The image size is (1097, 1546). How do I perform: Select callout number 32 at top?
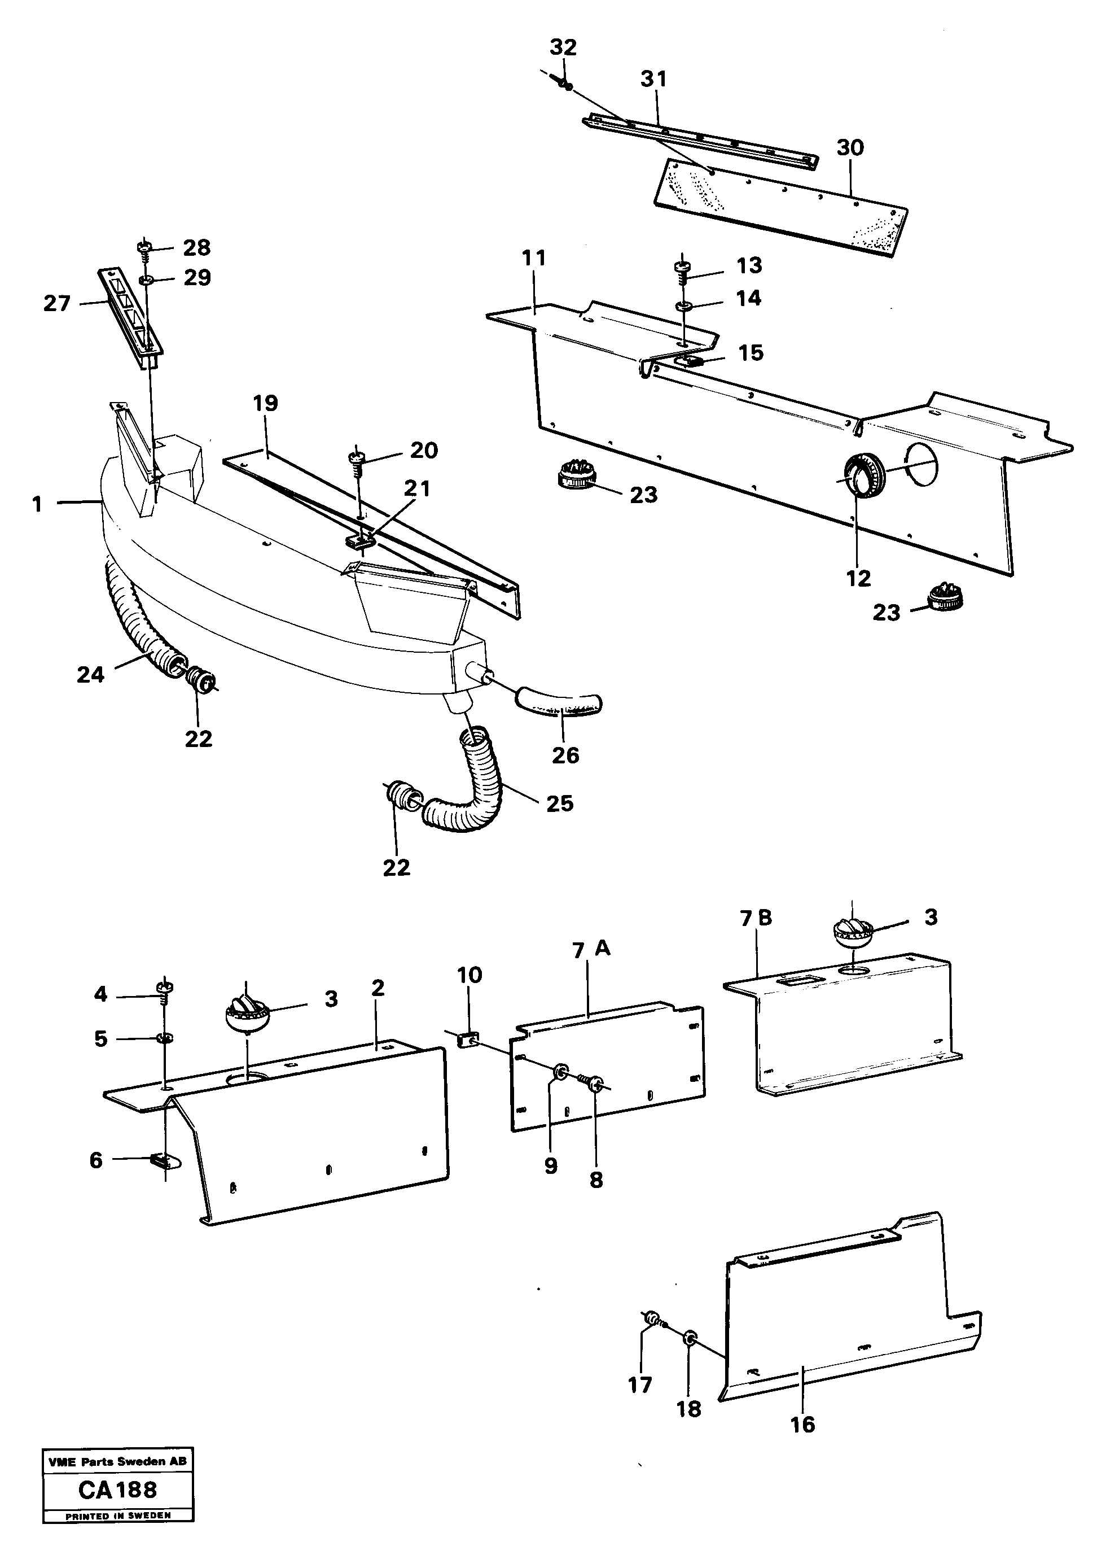(x=563, y=47)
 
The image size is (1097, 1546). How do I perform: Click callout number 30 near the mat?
(x=850, y=147)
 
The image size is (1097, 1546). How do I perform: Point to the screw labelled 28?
(x=145, y=248)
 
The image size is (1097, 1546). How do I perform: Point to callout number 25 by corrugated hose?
(x=559, y=803)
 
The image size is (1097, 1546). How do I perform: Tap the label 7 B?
(x=756, y=918)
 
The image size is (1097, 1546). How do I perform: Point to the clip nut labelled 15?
(x=690, y=360)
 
